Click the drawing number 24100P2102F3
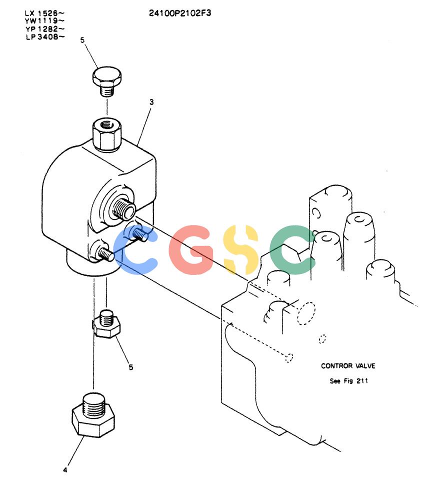pyautogui.click(x=180, y=13)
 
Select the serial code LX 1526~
pyautogui.click(x=44, y=13)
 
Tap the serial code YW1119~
pyautogui.click(x=44, y=21)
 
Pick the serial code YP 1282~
pyautogui.click(x=45, y=29)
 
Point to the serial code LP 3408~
pyautogui.click(x=45, y=36)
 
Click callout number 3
pyautogui.click(x=151, y=102)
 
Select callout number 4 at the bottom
pyautogui.click(x=65, y=469)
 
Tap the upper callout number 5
pyautogui.click(x=82, y=40)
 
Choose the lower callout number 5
pyautogui.click(x=131, y=367)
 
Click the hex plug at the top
pyautogui.click(x=107, y=80)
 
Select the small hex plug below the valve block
pyautogui.click(x=106, y=323)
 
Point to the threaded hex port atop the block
pyautogui.click(x=107, y=134)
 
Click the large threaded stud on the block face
pyautogui.click(x=123, y=207)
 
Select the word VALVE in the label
pyautogui.click(x=365, y=366)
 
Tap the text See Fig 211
pyautogui.click(x=348, y=380)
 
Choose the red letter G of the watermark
pyautogui.click(x=190, y=249)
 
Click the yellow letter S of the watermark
pyautogui.click(x=241, y=249)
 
